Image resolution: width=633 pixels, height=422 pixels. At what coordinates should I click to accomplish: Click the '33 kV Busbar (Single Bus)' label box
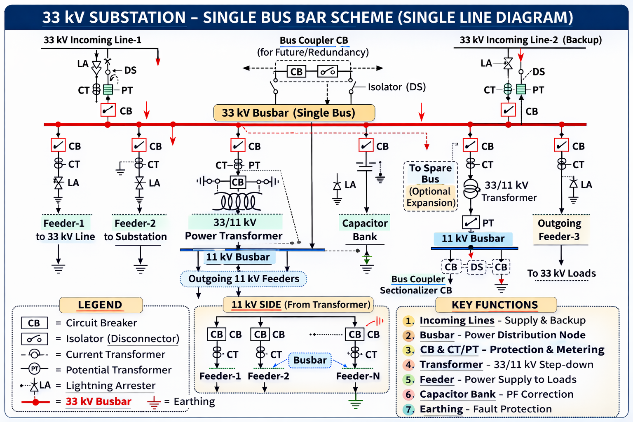[x=294, y=113]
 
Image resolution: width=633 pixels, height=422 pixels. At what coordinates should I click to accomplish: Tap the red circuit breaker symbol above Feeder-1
[x=58, y=145]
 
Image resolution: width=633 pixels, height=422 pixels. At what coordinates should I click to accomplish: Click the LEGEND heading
[x=101, y=305]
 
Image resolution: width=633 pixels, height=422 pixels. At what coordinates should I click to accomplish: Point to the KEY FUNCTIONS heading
[x=495, y=305]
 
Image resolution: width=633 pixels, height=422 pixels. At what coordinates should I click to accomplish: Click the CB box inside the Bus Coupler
[x=296, y=72]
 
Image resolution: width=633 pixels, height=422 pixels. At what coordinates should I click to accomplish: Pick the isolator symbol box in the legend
[x=35, y=339]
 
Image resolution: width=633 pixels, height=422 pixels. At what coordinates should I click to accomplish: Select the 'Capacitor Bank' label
[x=365, y=230]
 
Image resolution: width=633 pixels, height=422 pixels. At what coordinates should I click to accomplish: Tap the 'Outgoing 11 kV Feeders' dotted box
[x=243, y=279]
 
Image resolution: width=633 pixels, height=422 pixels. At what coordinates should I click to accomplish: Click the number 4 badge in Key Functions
[x=408, y=365]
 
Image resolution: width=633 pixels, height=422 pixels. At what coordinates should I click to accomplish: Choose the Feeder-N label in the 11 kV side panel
[x=358, y=376]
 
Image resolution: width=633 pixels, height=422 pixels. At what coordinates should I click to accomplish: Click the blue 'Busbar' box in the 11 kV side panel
[x=310, y=360]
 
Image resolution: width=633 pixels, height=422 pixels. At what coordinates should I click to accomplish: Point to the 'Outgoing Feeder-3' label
[x=560, y=230]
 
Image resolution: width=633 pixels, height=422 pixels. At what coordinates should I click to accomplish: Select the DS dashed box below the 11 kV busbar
[x=477, y=267]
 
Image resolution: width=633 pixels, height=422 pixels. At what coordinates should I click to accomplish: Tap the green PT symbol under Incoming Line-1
[x=108, y=89]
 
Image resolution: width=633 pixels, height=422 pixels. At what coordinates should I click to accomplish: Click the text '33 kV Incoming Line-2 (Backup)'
[x=531, y=40]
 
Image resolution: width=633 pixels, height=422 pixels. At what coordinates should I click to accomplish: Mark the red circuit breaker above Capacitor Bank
[x=366, y=145]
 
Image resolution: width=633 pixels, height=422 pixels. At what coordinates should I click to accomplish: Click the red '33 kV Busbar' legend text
[x=98, y=401]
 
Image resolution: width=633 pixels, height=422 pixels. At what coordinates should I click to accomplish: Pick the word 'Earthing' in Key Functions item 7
[x=441, y=409]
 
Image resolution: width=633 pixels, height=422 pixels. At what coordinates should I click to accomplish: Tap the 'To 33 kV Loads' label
[x=561, y=274]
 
